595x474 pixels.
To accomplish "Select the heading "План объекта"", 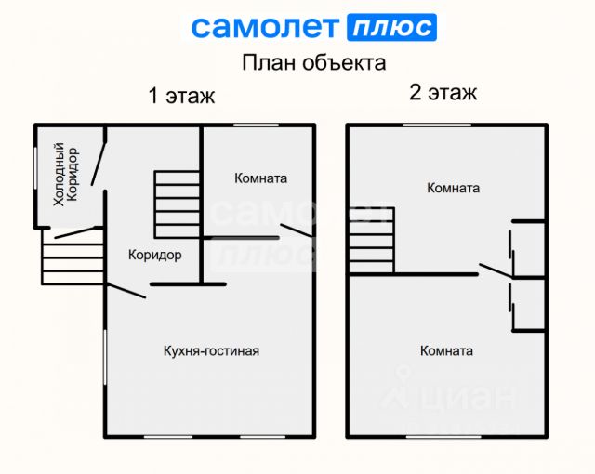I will coord(313,63).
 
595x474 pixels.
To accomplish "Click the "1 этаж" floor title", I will coord(181,96).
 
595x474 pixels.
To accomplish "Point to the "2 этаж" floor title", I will coord(443,92).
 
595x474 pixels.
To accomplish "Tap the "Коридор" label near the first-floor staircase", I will coord(154,255).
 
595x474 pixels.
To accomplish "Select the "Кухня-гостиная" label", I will coord(211,350).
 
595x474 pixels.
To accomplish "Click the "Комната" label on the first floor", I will coord(260,178).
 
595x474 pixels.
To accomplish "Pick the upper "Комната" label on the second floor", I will coord(453,188).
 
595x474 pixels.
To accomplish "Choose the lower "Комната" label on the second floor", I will coord(446,350).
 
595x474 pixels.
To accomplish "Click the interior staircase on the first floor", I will coord(177,204).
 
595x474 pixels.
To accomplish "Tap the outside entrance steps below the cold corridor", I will coord(73,257).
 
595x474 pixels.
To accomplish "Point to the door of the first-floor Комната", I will coord(296,230).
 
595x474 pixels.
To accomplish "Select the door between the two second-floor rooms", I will coord(494,270).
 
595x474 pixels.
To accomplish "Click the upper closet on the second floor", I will coord(528,248).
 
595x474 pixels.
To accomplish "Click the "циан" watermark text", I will coord(469,397).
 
